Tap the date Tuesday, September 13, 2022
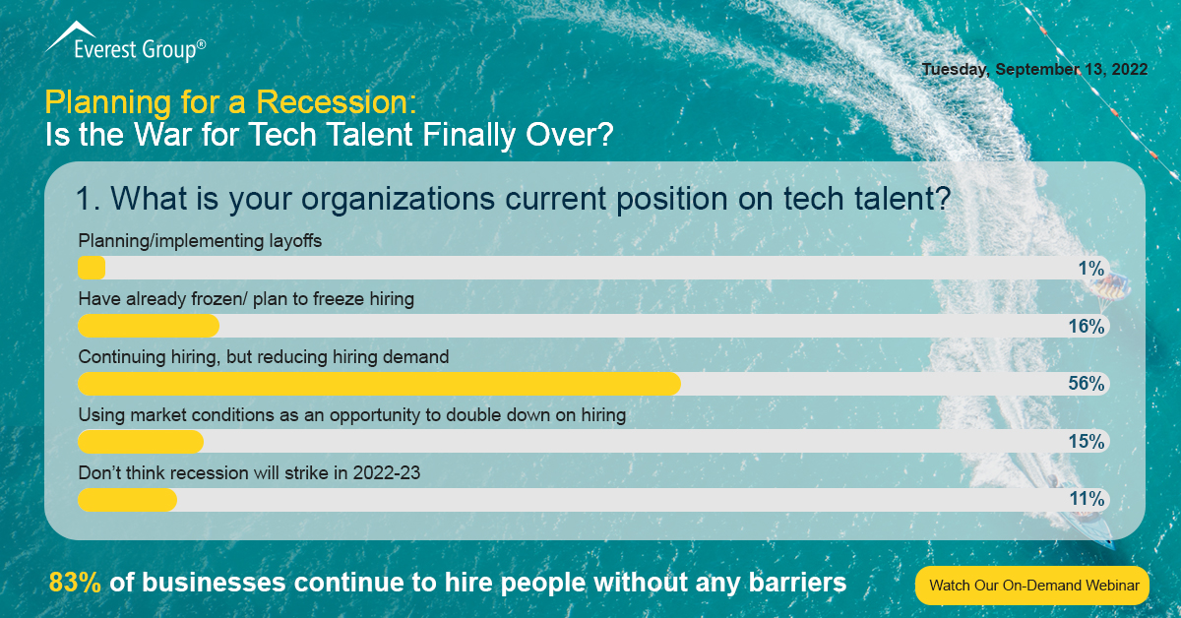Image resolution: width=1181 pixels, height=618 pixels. point(1033,70)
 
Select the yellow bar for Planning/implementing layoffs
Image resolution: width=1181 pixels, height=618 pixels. point(92,268)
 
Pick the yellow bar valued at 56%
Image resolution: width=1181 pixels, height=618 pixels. point(379,384)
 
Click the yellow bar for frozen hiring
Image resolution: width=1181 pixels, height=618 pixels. point(148,326)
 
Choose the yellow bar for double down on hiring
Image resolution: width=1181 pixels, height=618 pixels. point(141,442)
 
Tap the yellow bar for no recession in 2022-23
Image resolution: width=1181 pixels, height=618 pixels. point(127,500)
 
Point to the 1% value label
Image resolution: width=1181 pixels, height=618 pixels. point(1090,269)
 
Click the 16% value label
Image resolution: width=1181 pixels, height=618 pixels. point(1087,327)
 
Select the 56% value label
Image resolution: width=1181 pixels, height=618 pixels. point(1087,384)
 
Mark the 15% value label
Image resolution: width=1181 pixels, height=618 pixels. point(1087,442)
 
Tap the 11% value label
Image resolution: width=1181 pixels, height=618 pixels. point(1087,500)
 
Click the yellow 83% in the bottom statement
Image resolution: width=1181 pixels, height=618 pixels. point(76,583)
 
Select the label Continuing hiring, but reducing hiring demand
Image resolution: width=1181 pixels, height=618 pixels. point(264,357)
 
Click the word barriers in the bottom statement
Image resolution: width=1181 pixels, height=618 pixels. point(793,583)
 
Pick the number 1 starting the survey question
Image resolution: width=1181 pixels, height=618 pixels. point(84,199)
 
